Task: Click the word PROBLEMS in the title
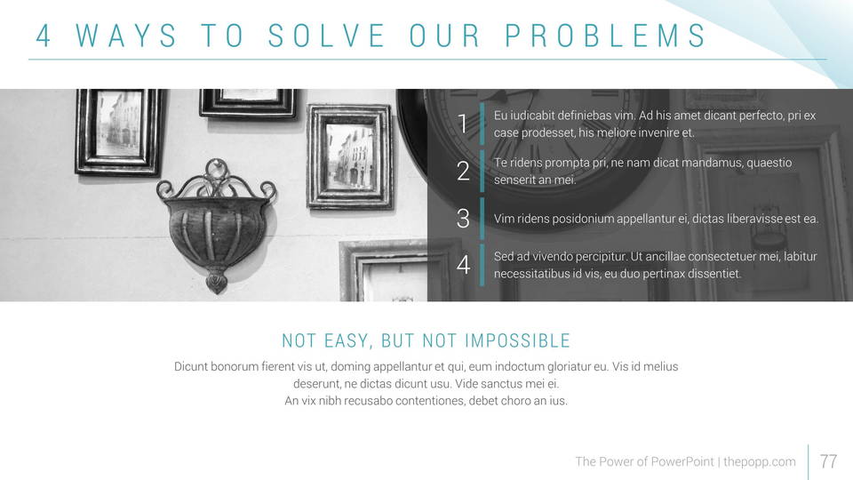coord(605,36)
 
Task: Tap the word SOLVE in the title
coord(326,36)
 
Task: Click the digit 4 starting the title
coord(43,36)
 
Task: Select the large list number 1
coord(462,124)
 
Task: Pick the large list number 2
coord(463,171)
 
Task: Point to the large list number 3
coord(463,219)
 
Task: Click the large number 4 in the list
coord(463,265)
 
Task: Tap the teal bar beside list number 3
coord(482,219)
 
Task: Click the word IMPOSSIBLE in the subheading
coord(517,340)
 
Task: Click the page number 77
coord(828,461)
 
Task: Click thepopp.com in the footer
coord(760,462)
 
